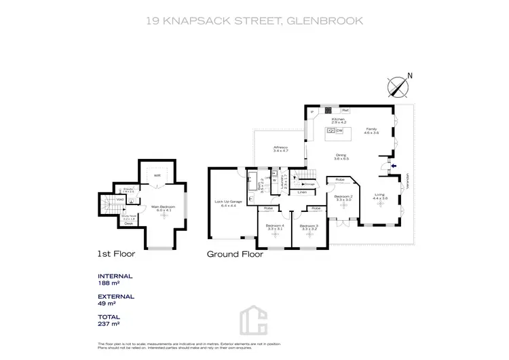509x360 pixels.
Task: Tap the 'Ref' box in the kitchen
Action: pos(345,111)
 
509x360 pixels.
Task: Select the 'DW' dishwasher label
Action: pos(339,130)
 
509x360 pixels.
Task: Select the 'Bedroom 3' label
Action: pos(308,226)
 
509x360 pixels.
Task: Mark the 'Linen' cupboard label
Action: pos(302,192)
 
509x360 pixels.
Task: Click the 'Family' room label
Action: pos(371,128)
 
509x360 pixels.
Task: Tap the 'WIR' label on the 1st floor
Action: pos(157,175)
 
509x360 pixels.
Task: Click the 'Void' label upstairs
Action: pos(119,199)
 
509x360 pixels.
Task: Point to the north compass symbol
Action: pos(397,87)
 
